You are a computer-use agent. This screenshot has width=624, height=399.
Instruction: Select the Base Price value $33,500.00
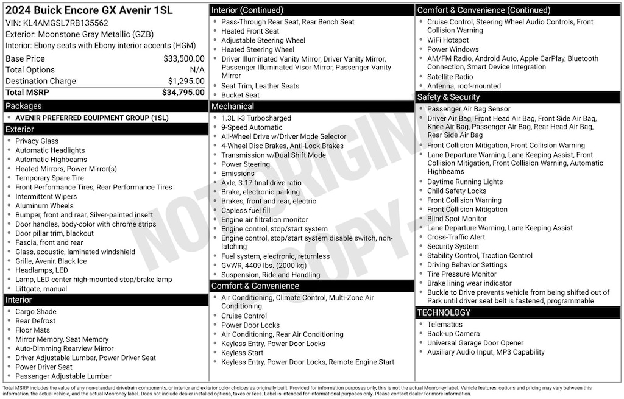point(183,59)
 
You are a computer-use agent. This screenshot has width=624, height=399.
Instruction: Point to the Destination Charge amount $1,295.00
point(186,81)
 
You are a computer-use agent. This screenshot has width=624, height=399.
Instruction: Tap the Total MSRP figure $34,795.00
point(183,93)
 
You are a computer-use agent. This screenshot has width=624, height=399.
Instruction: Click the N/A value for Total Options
point(197,70)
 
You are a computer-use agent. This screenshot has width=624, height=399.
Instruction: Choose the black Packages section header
point(105,106)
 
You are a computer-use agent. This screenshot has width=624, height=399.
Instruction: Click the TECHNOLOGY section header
point(518,312)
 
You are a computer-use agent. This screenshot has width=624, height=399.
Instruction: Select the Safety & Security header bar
point(518,97)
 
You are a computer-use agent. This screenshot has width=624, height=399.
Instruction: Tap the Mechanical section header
point(311,107)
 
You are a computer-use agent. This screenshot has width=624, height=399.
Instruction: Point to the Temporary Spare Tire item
point(50,178)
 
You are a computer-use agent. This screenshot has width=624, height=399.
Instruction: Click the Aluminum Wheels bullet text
point(44,206)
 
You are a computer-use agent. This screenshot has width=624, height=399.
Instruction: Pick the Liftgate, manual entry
point(41,289)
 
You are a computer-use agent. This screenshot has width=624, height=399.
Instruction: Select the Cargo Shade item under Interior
point(36,312)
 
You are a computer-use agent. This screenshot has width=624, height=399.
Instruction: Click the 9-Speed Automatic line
point(252,127)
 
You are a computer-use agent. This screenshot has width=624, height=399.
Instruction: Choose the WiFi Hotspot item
point(447,40)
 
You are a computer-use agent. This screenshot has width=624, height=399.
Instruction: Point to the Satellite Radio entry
point(450,77)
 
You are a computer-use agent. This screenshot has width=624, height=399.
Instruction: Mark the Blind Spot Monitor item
point(456,219)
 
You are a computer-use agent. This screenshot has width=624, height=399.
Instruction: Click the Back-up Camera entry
point(453,334)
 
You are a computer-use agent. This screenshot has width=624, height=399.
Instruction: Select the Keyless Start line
point(242,353)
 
